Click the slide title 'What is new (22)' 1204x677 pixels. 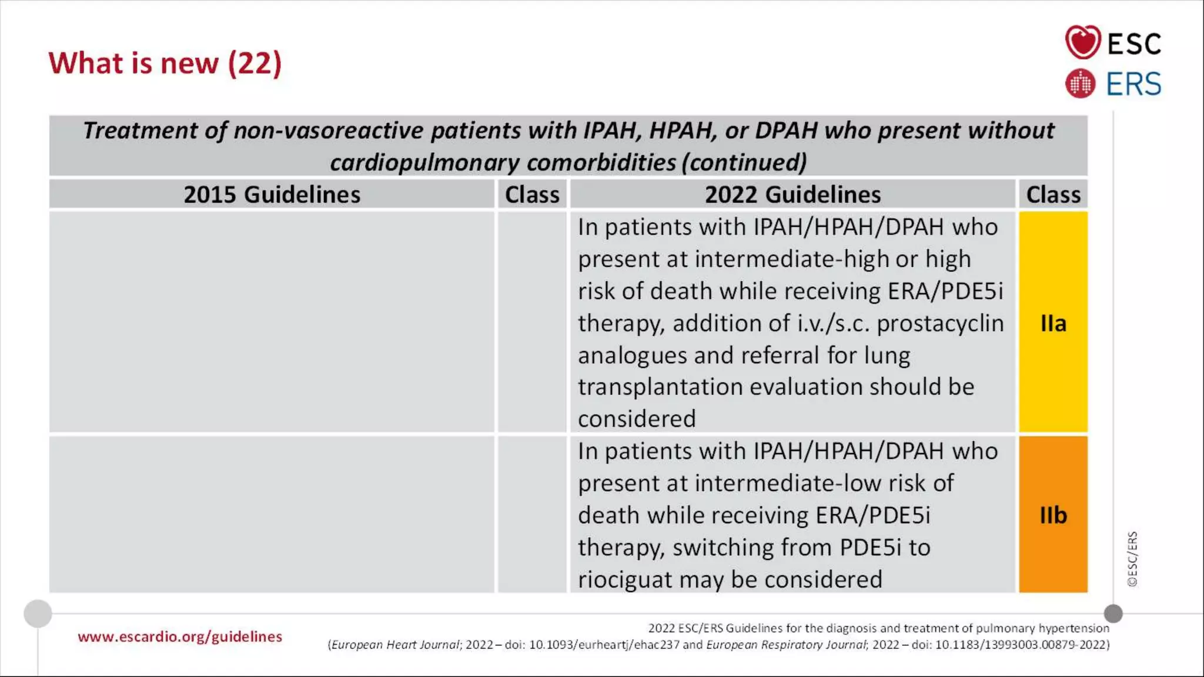tap(165, 63)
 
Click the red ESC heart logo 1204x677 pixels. tap(1082, 42)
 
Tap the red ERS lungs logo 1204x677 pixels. tap(1081, 83)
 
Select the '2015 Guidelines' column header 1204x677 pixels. tap(272, 195)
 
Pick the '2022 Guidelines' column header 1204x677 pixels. tap(792, 195)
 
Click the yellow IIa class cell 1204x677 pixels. tap(1053, 323)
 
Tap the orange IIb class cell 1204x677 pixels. tap(1053, 515)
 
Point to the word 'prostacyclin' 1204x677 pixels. tap(940, 323)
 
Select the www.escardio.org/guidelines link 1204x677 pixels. tap(180, 636)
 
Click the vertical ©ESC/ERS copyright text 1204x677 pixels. tap(1132, 558)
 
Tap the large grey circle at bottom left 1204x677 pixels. tap(38, 614)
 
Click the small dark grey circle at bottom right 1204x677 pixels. tap(1113, 614)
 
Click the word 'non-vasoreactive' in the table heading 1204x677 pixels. tap(328, 130)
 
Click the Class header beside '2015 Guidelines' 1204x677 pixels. tap(532, 195)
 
